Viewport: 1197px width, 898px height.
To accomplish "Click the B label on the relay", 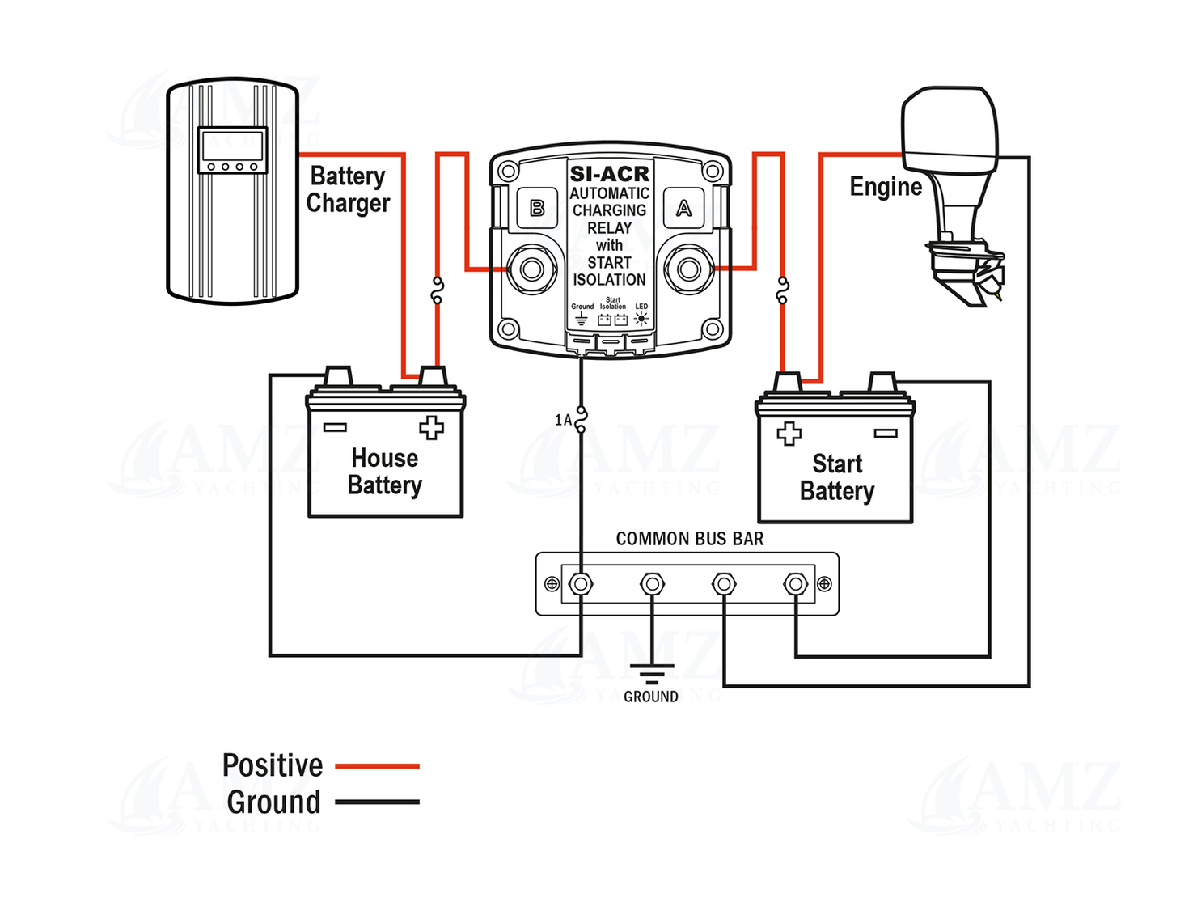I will point(537,209).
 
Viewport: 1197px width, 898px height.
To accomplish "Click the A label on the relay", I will point(684,209).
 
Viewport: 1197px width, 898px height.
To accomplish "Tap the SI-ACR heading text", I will point(609,174).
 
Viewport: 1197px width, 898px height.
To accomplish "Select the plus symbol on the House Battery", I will point(431,427).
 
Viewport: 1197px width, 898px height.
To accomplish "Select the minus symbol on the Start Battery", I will point(886,434).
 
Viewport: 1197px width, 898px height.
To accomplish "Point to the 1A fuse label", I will point(564,420).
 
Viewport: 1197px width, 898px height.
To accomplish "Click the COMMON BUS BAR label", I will point(689,539).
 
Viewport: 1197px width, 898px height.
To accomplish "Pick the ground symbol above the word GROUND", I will point(651,674).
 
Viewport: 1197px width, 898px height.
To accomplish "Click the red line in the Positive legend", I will point(377,765).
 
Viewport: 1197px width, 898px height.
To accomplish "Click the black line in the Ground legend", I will point(377,803).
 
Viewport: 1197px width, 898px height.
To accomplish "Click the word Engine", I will point(886,187).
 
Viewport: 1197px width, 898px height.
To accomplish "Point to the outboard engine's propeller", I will point(990,279).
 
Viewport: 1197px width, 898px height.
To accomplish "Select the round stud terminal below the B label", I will point(532,269).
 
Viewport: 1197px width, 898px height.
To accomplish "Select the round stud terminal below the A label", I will point(689,269).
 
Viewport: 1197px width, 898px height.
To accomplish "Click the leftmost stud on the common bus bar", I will point(581,583).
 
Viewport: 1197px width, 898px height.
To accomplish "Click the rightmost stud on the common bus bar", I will point(796,583).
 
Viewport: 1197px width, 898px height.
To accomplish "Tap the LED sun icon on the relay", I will point(641,319).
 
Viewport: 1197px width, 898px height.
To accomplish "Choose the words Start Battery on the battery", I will point(837,477).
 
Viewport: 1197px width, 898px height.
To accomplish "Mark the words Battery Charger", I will point(348,189).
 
